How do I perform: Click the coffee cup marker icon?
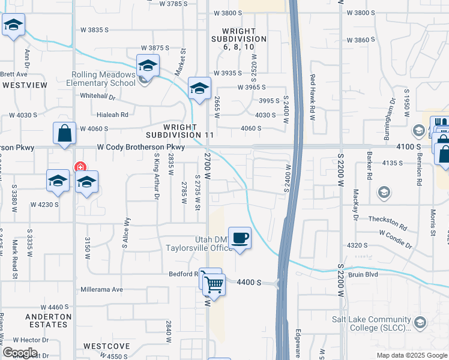240,238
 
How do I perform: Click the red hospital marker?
79,167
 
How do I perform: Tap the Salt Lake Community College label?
372,323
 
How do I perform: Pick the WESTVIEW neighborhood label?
24,85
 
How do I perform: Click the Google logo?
20,353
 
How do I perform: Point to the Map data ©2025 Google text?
411,355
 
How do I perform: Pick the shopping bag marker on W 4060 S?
64,134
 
